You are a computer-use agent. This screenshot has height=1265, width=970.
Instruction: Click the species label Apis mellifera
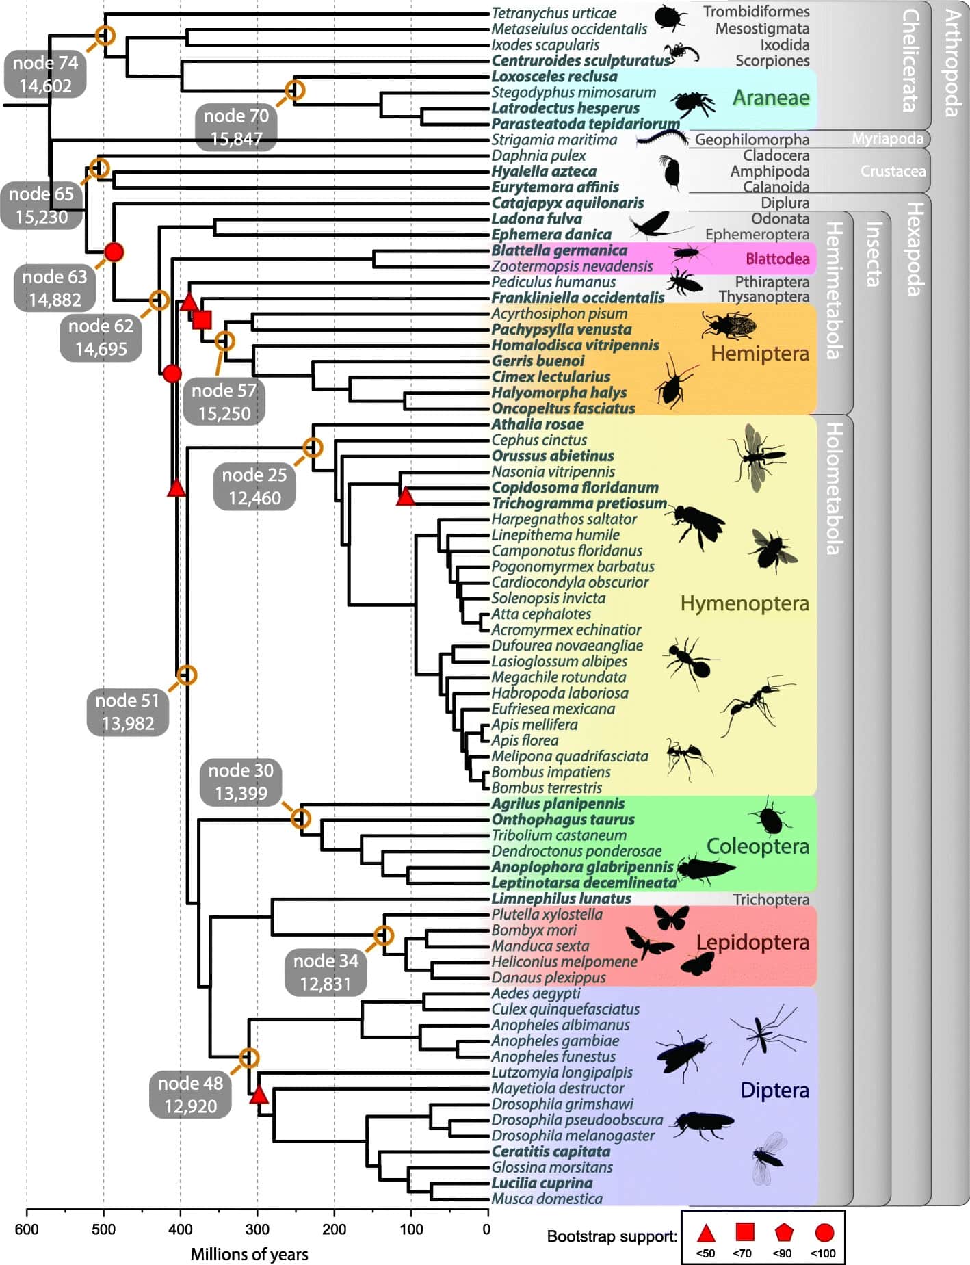534,725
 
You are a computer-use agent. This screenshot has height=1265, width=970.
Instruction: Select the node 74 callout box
46,75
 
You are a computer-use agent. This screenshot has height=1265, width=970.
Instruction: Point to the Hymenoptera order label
744,603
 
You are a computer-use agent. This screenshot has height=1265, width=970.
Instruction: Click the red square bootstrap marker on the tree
202,319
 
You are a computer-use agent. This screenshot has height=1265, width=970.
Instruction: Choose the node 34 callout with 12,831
326,972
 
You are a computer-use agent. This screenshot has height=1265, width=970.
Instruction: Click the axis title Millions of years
249,1254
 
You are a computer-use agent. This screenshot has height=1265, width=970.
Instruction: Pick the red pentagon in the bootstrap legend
784,1233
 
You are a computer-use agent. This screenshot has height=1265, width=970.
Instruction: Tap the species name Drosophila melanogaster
573,1136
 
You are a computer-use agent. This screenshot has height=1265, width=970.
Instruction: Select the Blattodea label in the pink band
777,259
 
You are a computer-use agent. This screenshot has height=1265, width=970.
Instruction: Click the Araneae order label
771,98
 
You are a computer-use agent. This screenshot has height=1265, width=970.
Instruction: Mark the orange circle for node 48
249,1058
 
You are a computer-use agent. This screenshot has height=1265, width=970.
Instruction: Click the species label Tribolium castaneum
559,835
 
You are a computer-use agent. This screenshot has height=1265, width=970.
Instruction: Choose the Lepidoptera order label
752,942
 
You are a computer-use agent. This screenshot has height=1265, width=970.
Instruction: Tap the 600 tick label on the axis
27,1229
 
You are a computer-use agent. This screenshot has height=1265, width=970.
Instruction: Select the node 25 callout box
254,486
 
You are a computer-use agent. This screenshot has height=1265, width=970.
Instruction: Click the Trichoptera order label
771,900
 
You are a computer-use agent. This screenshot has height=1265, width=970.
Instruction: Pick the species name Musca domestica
547,1199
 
